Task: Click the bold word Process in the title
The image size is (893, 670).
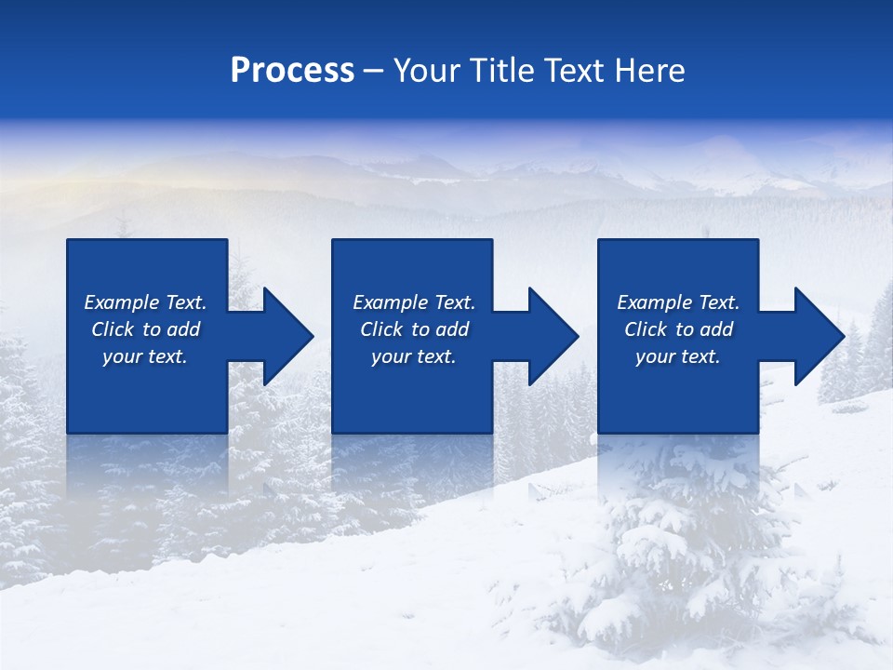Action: pyautogui.click(x=292, y=71)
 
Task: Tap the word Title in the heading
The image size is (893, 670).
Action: pyautogui.click(x=502, y=71)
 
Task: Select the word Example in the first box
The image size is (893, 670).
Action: pyautogui.click(x=122, y=302)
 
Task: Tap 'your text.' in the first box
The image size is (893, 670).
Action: pyautogui.click(x=145, y=356)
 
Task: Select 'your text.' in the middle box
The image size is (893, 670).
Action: pyautogui.click(x=413, y=356)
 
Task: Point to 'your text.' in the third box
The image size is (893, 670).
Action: pyautogui.click(x=677, y=356)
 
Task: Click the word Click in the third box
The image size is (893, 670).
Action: pyautogui.click(x=646, y=329)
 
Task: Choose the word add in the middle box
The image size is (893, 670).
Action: pyautogui.click(x=452, y=329)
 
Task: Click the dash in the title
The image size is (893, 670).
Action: pyautogui.click(x=374, y=71)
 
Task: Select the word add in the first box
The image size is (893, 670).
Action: pyautogui.click(x=183, y=329)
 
